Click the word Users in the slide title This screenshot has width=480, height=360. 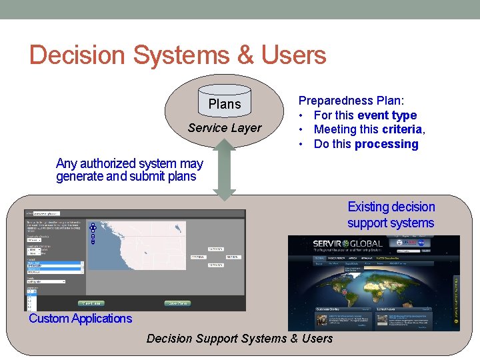click(x=294, y=55)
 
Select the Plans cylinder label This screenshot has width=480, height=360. click(x=225, y=104)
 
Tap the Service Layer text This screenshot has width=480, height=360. click(x=225, y=128)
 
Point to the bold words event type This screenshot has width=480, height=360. click(x=387, y=115)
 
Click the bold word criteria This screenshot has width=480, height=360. click(x=402, y=129)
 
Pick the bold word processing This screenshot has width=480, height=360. click(x=387, y=144)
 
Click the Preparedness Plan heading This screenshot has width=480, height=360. click(x=351, y=101)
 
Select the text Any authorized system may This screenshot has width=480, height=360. click(x=129, y=163)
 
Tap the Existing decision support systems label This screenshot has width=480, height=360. click(x=391, y=215)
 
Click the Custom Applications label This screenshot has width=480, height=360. click(x=81, y=318)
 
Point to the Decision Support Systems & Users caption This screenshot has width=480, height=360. click(x=239, y=339)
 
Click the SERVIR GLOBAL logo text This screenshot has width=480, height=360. click(x=349, y=244)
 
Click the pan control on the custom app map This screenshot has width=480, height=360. click(x=93, y=228)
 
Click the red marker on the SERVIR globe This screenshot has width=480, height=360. click(x=345, y=291)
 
